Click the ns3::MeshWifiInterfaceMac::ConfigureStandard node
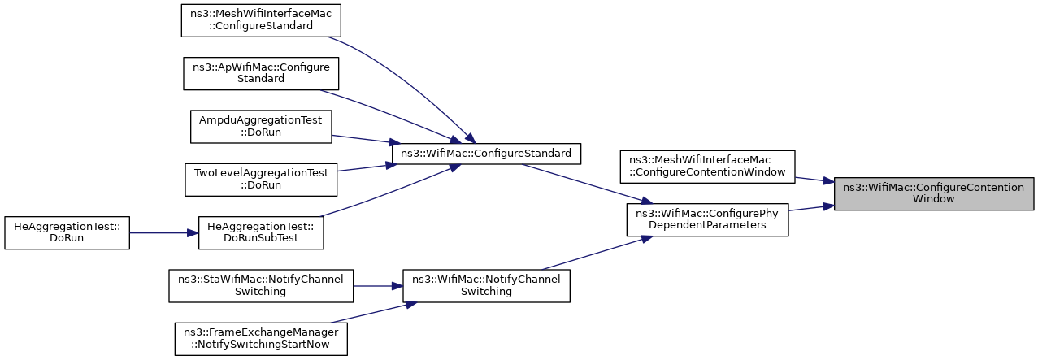click(261, 20)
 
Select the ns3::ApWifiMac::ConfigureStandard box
click(261, 73)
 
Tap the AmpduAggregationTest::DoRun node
click(261, 127)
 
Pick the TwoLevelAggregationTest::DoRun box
click(261, 180)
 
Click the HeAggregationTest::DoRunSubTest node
click(261, 232)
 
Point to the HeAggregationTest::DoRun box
click(67, 232)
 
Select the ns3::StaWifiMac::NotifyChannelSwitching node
click(261, 286)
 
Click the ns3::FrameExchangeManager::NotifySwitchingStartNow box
click(261, 339)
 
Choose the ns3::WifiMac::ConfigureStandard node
click(486, 154)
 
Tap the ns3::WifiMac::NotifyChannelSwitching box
click(486, 286)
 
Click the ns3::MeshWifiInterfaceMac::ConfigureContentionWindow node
click(708, 167)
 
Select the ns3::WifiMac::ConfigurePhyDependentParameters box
click(708, 219)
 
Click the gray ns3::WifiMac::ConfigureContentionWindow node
click(934, 193)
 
